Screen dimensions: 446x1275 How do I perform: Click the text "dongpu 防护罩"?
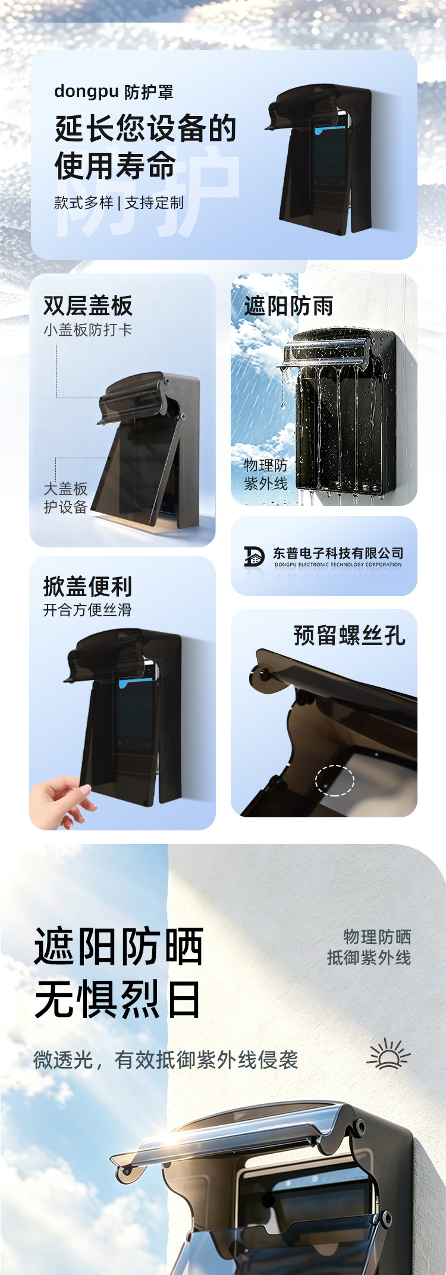coord(114,92)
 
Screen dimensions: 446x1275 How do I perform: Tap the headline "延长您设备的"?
coord(146,128)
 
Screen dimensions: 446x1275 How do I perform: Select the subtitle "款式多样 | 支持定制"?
coord(119,203)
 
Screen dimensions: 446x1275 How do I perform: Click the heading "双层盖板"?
coord(88,306)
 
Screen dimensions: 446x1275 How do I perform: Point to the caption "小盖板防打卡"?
coord(87,330)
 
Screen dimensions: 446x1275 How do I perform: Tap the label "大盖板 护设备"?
coord(65,498)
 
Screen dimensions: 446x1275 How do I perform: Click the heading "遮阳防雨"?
coord(289,306)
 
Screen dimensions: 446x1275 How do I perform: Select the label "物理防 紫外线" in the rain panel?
coord(266,474)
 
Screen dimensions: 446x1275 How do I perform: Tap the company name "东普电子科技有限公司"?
coord(338,553)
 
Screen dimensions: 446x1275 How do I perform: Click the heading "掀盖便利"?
coord(88,586)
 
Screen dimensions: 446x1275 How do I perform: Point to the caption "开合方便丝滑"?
coord(87,610)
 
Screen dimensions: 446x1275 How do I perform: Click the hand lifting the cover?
coord(62,802)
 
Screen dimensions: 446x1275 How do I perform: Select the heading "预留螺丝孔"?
coord(350,635)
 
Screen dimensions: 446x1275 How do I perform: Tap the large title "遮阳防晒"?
coord(119,946)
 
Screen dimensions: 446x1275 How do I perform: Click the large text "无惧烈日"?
coord(118,999)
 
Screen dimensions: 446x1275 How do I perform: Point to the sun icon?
coord(389,1054)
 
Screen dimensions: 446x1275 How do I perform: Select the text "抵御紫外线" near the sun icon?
coord(369,958)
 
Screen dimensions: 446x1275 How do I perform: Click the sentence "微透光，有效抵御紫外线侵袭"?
coord(166,1059)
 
